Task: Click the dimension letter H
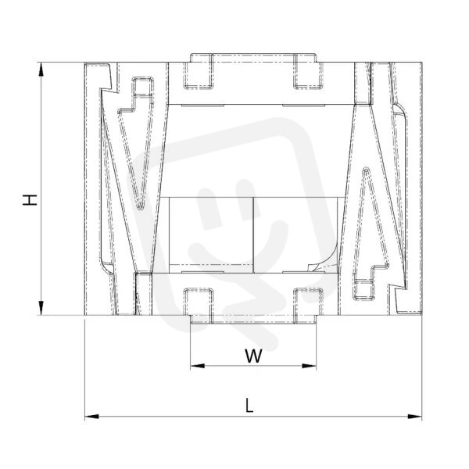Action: point(30,200)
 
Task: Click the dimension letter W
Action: point(253,356)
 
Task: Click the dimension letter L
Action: point(249,406)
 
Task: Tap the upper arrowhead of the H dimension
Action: point(41,70)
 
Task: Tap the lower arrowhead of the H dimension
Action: point(41,308)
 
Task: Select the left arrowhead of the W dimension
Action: point(198,366)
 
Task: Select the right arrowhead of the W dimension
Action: point(310,366)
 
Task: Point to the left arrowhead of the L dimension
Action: point(91,417)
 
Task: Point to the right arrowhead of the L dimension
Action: point(415,417)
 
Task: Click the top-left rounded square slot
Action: point(199,71)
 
